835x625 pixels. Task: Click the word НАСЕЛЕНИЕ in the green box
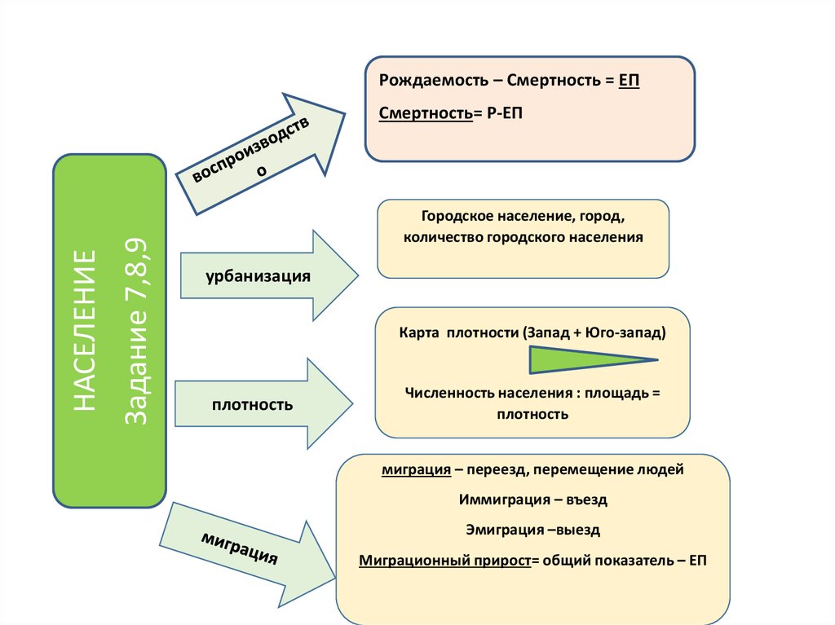tap(83, 331)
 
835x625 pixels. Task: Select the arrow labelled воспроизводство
tap(269, 150)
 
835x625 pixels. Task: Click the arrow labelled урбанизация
tap(269, 275)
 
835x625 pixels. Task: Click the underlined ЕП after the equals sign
tap(630, 83)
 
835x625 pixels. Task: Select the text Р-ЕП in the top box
tap(505, 113)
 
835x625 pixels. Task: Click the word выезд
tap(576, 530)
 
